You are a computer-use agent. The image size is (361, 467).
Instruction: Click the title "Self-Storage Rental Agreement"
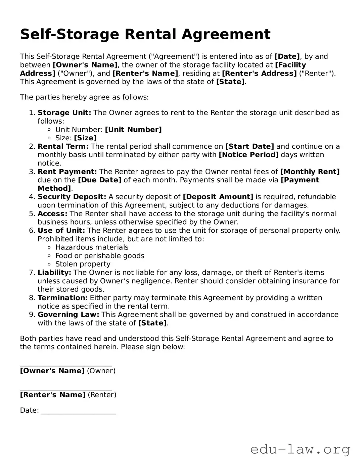click(x=145, y=35)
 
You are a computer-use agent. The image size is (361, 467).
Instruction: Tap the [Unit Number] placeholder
click(x=133, y=130)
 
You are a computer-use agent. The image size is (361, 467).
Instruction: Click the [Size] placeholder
click(x=85, y=138)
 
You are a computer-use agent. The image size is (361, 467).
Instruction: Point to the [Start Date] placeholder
click(x=250, y=146)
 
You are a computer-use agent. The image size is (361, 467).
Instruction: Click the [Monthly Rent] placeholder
click(x=310, y=172)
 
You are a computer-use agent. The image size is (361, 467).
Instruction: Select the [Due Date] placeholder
click(x=99, y=180)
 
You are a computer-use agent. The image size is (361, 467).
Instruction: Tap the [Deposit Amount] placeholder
click(x=218, y=197)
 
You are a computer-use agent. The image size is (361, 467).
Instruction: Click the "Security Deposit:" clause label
click(x=72, y=197)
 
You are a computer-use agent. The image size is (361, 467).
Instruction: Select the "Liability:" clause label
click(x=54, y=272)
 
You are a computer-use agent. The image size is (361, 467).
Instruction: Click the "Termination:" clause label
click(x=62, y=298)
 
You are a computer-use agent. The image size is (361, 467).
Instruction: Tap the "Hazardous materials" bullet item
click(x=92, y=247)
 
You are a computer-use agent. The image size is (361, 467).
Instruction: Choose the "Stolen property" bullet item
click(x=83, y=264)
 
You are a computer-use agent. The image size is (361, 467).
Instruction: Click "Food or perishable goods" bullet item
click(x=100, y=255)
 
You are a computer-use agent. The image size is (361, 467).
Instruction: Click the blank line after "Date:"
click(x=78, y=413)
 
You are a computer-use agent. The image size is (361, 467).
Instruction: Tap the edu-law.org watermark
click(x=300, y=449)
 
